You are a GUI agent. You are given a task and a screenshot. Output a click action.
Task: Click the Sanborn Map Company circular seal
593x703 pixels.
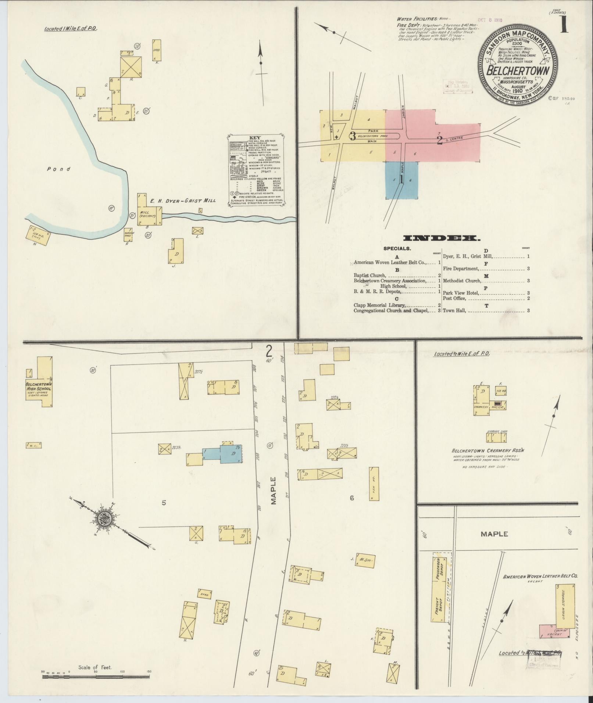[518, 68]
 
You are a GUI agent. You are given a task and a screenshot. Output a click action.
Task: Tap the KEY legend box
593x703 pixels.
[256, 172]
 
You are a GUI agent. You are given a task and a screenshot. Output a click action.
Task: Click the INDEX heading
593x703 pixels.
[442, 238]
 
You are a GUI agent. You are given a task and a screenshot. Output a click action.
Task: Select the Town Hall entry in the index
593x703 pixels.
[455, 311]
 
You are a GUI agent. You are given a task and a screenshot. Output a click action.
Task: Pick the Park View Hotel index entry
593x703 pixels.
[461, 293]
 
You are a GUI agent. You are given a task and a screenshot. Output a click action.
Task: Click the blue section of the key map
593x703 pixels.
[401, 180]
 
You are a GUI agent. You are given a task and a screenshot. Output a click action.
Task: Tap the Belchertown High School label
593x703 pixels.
[38, 386]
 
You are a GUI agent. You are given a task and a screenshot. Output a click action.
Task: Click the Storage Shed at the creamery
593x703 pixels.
[497, 437]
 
